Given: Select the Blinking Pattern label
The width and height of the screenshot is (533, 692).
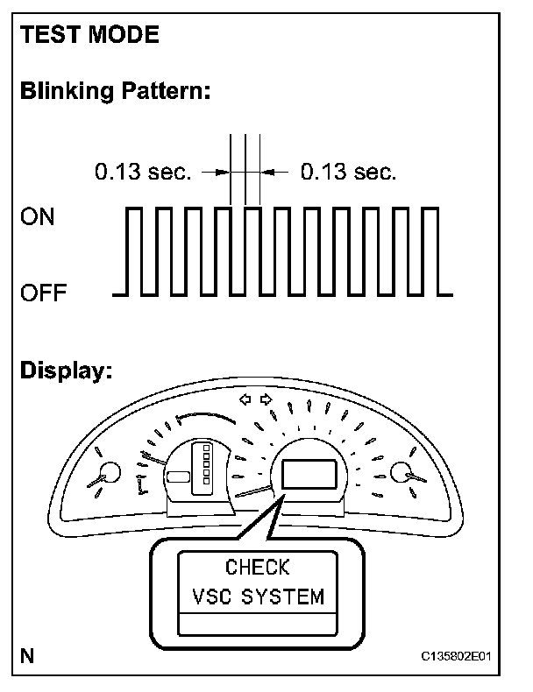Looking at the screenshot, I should pyautogui.click(x=115, y=92).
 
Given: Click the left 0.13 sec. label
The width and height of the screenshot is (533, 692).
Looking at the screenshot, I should pyautogui.click(x=142, y=173).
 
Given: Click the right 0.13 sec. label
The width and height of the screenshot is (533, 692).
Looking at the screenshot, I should pyautogui.click(x=348, y=173).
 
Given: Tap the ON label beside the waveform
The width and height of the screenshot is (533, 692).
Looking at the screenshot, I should pyautogui.click(x=37, y=217).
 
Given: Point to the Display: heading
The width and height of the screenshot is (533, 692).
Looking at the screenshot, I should pyautogui.click(x=67, y=371).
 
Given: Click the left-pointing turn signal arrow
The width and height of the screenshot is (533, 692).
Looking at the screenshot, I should pyautogui.click(x=246, y=401).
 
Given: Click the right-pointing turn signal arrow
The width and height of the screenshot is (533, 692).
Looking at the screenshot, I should pyautogui.click(x=266, y=401).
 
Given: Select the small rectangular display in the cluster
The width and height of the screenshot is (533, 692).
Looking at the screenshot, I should pyautogui.click(x=308, y=474).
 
